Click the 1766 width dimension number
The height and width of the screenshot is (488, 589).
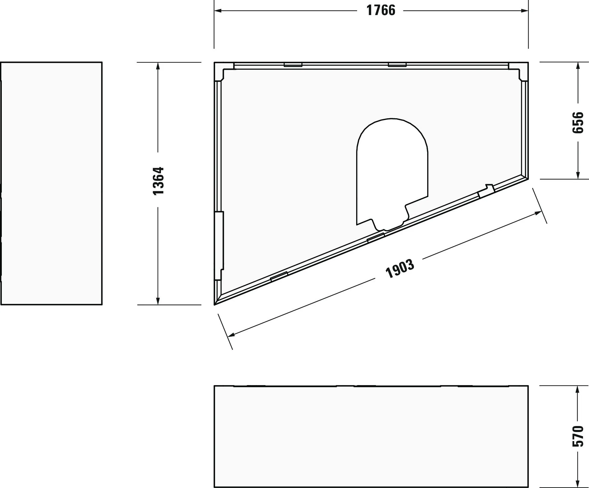pyautogui.click(x=381, y=11)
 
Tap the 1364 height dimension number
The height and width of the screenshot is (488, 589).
pyautogui.click(x=158, y=181)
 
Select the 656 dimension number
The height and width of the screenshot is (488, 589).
pyautogui.click(x=578, y=122)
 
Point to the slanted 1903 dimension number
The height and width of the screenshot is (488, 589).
pyautogui.click(x=399, y=269)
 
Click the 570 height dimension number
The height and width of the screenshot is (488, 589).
pyautogui.click(x=578, y=436)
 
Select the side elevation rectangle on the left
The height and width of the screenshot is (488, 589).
pyautogui.click(x=51, y=184)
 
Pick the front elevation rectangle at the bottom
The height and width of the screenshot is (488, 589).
pyautogui.click(x=371, y=436)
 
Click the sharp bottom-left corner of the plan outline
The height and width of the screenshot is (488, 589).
pyautogui.click(x=215, y=304)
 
